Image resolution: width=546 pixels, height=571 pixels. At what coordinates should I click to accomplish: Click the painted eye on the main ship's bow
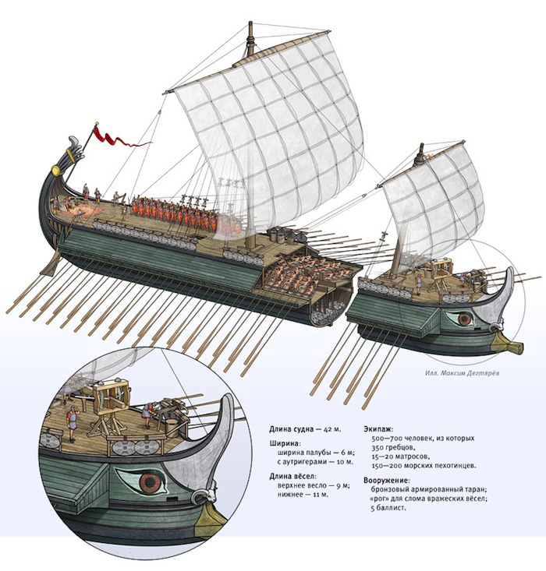click(466, 319)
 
